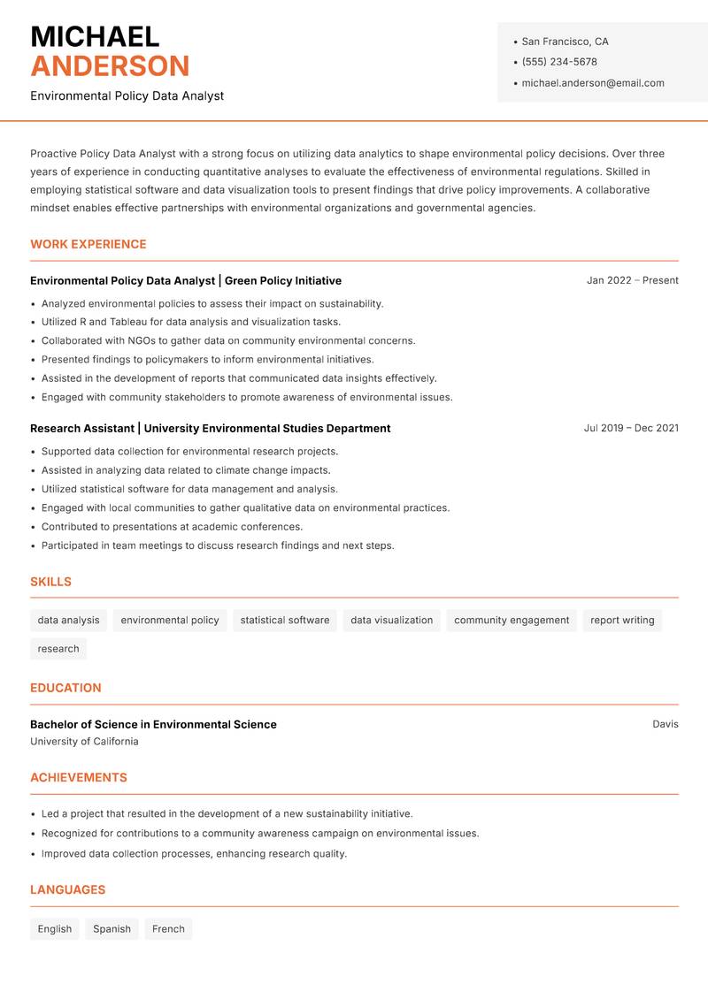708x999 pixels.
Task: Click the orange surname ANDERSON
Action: [x=110, y=66]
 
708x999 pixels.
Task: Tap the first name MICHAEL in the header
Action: [x=95, y=37]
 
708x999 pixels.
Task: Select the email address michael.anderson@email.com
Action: [x=592, y=83]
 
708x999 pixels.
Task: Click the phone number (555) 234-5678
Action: [x=558, y=62]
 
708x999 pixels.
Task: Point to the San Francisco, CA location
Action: [x=565, y=42]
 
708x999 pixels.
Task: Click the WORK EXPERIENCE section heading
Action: [x=88, y=244]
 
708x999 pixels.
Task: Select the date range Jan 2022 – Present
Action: [x=632, y=280]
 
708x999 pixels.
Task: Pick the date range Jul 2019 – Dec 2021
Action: [x=631, y=428]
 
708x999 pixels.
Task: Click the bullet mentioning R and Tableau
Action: [x=190, y=322]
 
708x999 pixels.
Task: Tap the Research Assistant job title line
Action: [x=210, y=428]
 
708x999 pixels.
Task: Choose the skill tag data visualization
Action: [x=391, y=620]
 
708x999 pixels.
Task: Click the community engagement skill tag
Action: [x=512, y=620]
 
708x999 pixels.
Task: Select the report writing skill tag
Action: [x=622, y=620]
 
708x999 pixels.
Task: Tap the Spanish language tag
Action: [x=112, y=929]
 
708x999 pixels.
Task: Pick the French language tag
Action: [x=168, y=929]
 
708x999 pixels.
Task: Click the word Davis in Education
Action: [x=666, y=724]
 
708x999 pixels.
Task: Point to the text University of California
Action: [x=84, y=742]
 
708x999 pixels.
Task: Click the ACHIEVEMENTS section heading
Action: [x=79, y=778]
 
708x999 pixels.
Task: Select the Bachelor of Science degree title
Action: [x=153, y=724]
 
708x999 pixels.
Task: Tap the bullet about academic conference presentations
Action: [x=172, y=527]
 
